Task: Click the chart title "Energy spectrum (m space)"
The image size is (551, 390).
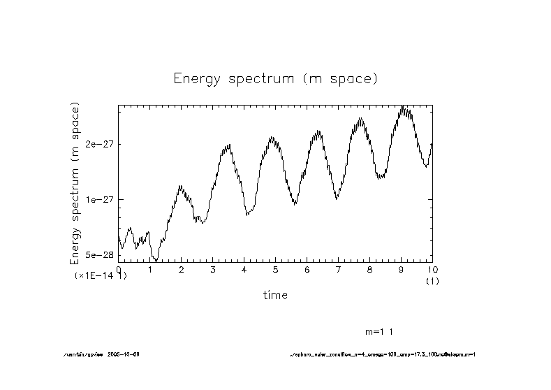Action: pos(275,78)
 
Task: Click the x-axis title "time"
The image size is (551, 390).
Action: pos(275,295)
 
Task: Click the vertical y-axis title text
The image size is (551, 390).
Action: pos(75,183)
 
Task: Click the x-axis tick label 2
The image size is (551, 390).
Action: pos(182,269)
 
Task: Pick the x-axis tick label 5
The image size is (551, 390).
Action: pos(276,269)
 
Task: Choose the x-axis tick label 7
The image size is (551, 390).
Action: pos(338,269)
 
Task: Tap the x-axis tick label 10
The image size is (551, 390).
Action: pos(432,269)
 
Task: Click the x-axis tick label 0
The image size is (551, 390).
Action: pos(119,269)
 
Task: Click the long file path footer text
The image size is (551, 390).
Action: pos(383,354)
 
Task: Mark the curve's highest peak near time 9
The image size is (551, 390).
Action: pos(402,107)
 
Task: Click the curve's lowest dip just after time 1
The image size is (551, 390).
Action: pos(156,260)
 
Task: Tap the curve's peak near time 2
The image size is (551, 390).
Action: pos(180,187)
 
